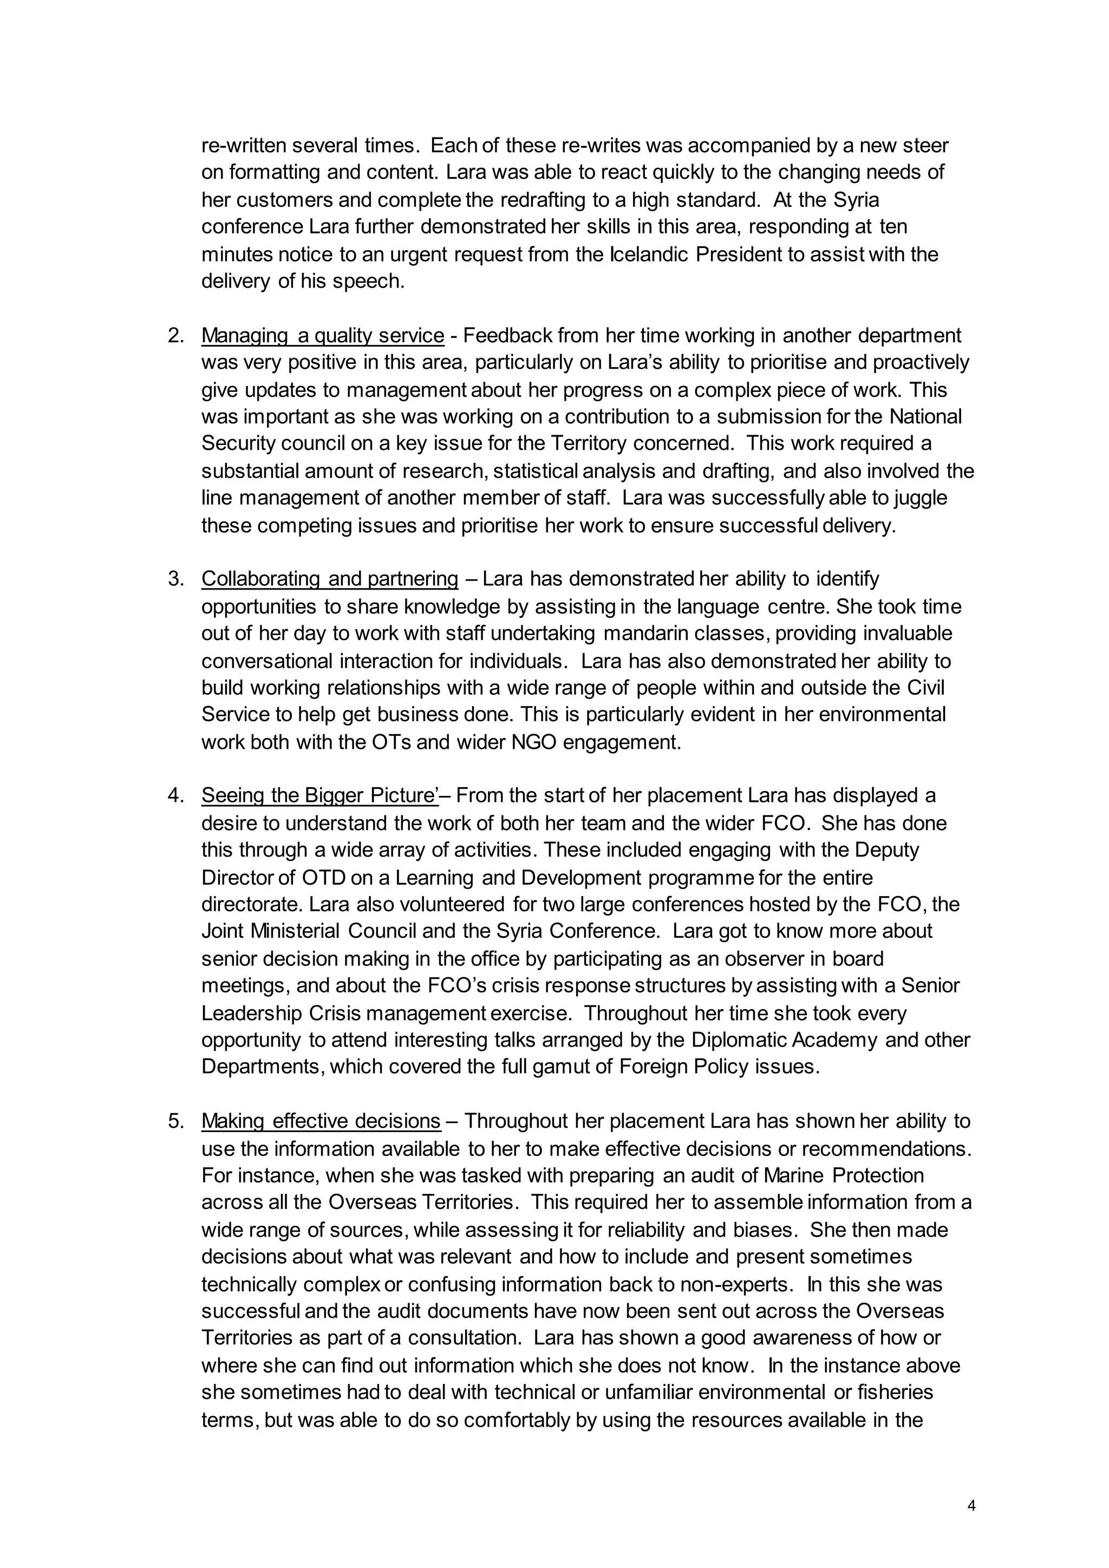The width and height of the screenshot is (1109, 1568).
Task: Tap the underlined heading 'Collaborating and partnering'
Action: [329, 579]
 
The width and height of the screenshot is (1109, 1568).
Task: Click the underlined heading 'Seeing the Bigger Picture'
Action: [319, 795]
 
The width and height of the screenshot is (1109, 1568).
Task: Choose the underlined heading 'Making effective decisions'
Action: [321, 1121]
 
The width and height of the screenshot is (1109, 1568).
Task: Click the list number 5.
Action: [175, 1121]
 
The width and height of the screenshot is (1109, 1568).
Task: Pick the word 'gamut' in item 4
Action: [580, 1067]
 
